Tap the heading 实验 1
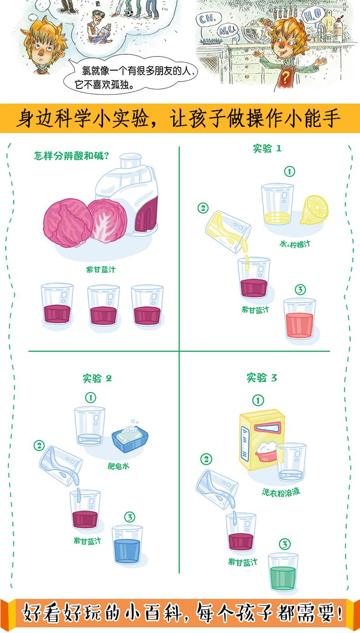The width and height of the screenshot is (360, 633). click(x=267, y=148)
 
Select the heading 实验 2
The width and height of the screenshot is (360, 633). click(x=97, y=378)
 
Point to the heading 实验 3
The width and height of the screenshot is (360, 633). click(x=262, y=378)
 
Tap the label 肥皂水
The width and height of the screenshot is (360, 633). click(x=118, y=466)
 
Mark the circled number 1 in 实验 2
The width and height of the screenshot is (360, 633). click(x=92, y=398)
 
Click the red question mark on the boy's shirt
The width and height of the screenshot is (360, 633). click(x=286, y=78)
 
